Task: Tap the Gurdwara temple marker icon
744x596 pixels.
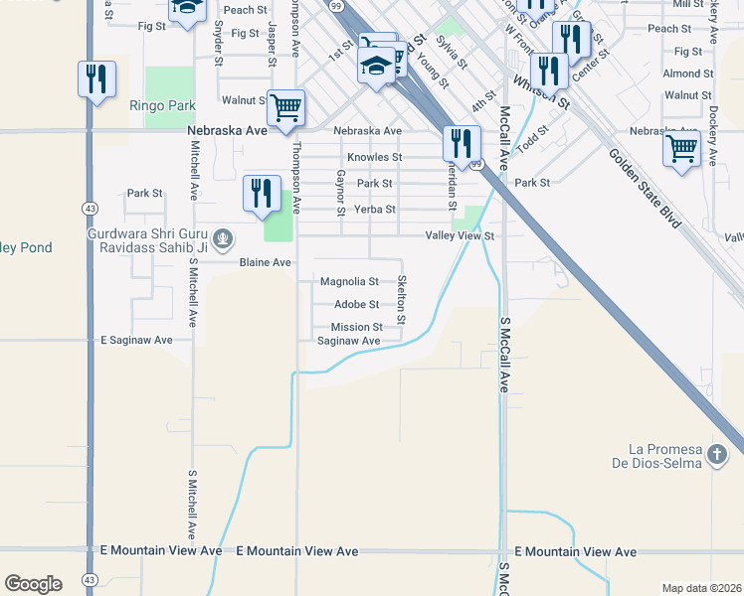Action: pos(224,238)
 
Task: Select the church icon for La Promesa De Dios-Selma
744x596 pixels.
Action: pos(719,456)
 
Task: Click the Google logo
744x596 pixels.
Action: pos(33,584)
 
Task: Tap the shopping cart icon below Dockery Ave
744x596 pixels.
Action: pos(681,149)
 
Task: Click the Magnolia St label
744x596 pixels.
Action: pos(349,282)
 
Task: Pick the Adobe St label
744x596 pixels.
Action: pos(356,305)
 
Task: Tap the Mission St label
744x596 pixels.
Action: pos(357,327)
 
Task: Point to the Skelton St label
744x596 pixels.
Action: pos(402,300)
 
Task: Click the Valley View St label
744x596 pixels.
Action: pos(460,236)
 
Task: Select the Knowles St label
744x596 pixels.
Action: pos(374,157)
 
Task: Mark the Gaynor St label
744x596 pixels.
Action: pos(340,193)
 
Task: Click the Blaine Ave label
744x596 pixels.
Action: pos(266,262)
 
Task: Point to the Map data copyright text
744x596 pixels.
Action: pos(701,588)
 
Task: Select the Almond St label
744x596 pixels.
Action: pos(687,74)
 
